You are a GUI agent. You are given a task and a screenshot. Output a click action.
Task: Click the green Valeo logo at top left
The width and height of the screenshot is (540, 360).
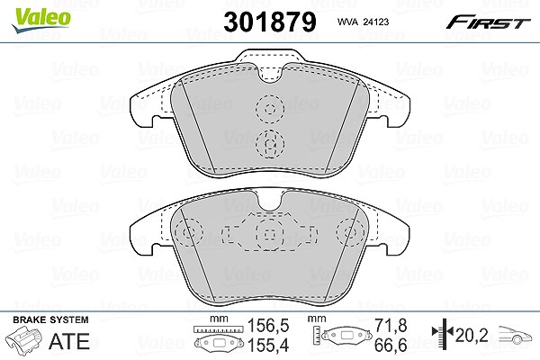click(x=40, y=20)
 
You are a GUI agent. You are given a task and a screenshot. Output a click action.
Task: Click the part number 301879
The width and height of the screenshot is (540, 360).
click(x=270, y=22)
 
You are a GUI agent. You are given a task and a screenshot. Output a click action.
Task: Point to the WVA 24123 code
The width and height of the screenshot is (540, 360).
click(x=363, y=22)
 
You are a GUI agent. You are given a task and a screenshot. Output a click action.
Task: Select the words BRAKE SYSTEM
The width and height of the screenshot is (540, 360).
click(x=50, y=319)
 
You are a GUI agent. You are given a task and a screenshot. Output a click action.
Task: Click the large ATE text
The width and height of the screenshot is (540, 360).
click(x=69, y=341)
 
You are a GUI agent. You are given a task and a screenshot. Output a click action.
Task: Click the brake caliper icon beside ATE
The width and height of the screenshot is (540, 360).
click(x=25, y=340)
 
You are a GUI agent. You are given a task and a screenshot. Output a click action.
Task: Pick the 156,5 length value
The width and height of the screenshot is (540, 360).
click(x=268, y=326)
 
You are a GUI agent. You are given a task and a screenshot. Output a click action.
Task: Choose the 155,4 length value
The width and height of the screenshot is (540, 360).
click(x=268, y=345)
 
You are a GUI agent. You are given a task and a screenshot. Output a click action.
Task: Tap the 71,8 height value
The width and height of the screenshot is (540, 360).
click(x=391, y=326)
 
